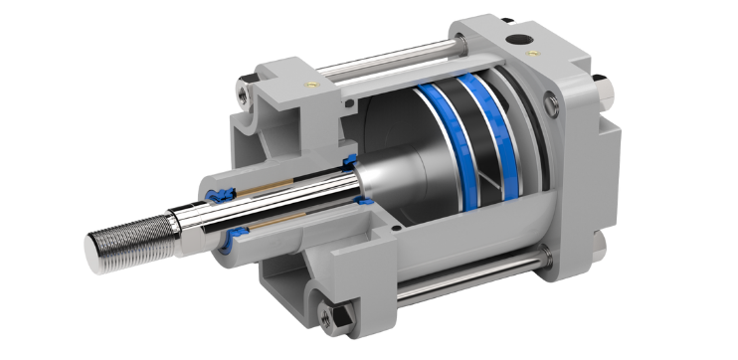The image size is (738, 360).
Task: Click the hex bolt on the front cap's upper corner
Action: tap(245, 95)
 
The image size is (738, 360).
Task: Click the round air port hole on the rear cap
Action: tap(516, 41)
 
